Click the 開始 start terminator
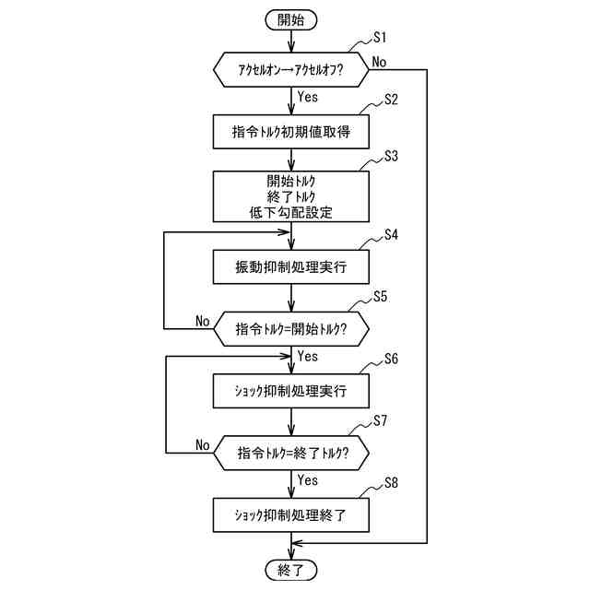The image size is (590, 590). pyautogui.click(x=290, y=18)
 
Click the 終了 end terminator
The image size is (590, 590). pyautogui.click(x=290, y=568)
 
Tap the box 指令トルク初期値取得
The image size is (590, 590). pyautogui.click(x=291, y=132)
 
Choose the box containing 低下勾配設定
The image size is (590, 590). pyautogui.click(x=291, y=195)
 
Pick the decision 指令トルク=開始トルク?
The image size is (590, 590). pyautogui.click(x=291, y=328)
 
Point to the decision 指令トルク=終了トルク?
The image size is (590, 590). pyautogui.click(x=291, y=453)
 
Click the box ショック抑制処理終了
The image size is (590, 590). pyautogui.click(x=291, y=513)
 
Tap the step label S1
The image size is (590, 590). pyautogui.click(x=380, y=38)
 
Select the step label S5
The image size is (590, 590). pyautogui.click(x=380, y=297)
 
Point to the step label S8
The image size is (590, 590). pyautogui.click(x=380, y=481)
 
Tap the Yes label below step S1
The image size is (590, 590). pyautogui.click(x=308, y=95)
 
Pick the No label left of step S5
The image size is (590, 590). pyautogui.click(x=203, y=321)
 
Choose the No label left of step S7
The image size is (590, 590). pyautogui.click(x=203, y=445)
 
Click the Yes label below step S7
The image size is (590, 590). pyautogui.click(x=308, y=480)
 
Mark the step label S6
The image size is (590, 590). pyautogui.click(x=380, y=360)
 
